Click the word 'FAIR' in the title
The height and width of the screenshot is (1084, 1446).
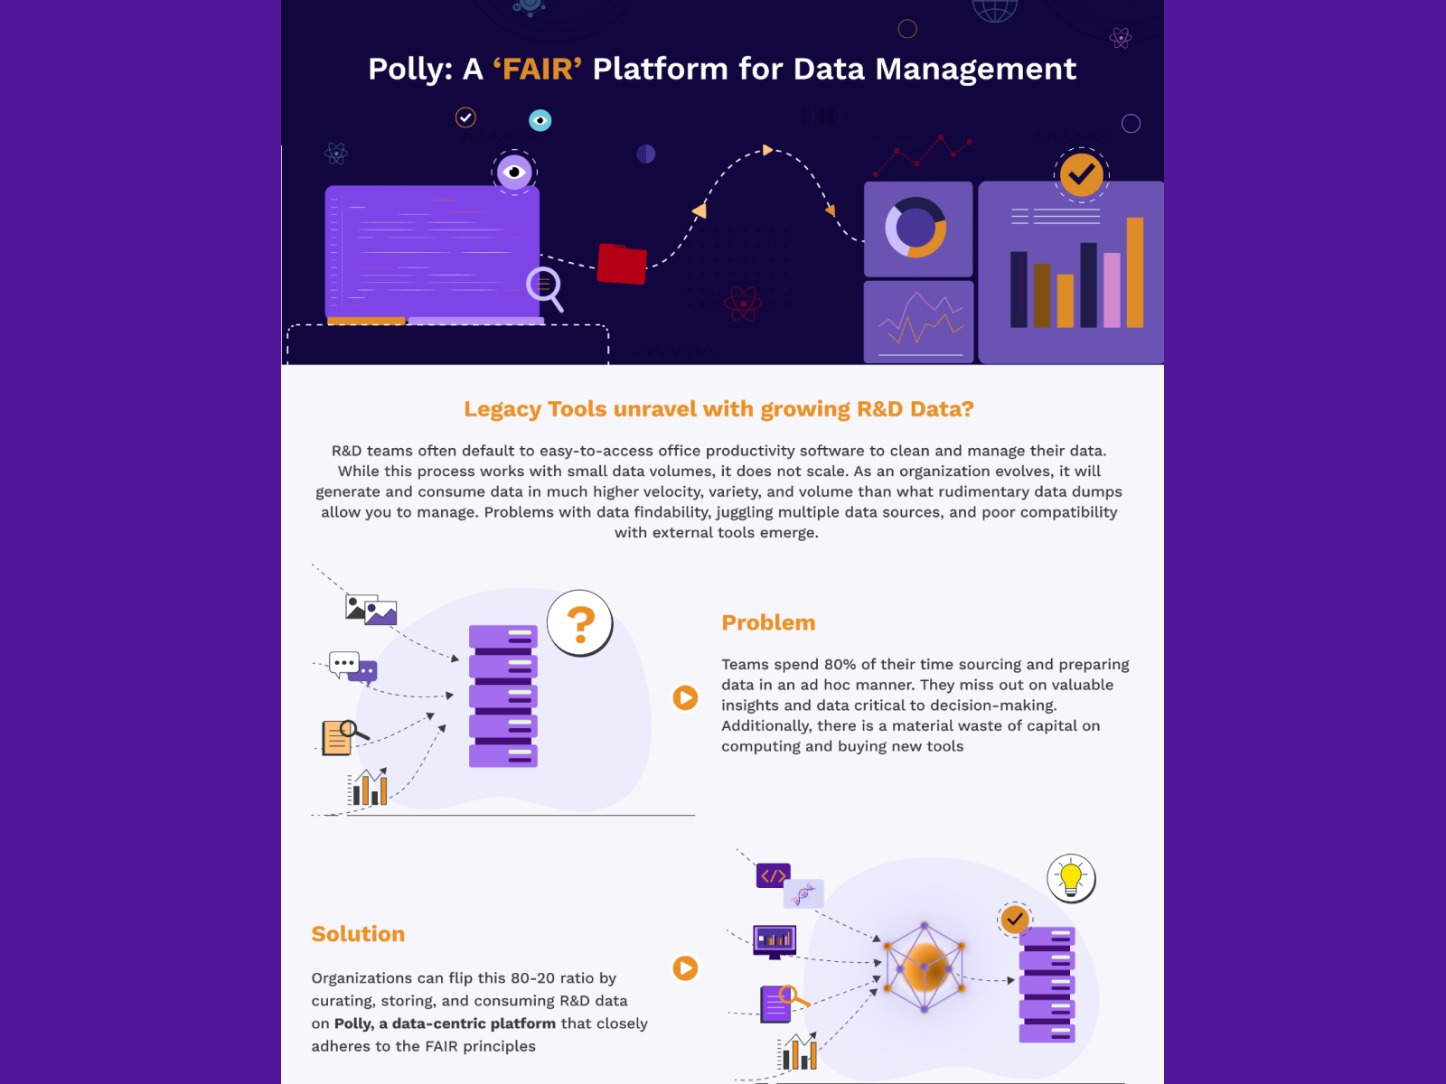[x=537, y=70]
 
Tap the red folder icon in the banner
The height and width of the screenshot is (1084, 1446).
[x=622, y=264]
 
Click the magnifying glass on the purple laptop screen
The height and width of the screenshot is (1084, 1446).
[x=544, y=286]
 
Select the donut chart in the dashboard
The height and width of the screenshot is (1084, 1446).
[x=915, y=228]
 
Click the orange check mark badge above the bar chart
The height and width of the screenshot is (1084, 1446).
[x=1081, y=174]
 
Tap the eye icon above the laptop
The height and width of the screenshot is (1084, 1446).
[x=514, y=172]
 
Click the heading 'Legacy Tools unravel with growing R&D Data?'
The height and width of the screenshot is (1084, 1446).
[x=718, y=409]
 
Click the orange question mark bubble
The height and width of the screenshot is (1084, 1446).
[x=580, y=622]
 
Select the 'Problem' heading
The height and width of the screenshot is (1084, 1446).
[x=768, y=622]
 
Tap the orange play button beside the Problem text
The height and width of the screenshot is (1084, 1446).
[x=685, y=697]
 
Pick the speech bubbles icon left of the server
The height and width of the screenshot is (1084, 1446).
[x=352, y=668]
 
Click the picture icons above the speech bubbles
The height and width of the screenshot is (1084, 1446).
[x=371, y=610]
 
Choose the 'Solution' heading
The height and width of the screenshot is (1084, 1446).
[x=358, y=934]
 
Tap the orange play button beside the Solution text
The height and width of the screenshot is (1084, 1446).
[x=685, y=968]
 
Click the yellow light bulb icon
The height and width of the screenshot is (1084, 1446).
[x=1071, y=878]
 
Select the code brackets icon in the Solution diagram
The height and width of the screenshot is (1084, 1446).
[x=773, y=875]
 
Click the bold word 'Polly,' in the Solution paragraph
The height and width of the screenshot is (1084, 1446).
[x=353, y=1023]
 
